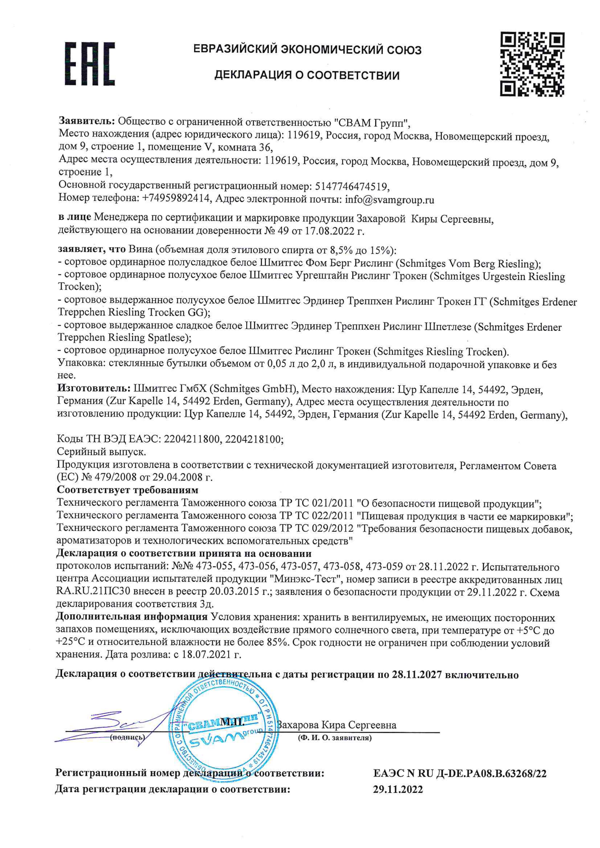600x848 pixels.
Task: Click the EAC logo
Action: pyautogui.click(x=90, y=64)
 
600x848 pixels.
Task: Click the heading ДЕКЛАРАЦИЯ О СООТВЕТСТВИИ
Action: pyautogui.click(x=307, y=75)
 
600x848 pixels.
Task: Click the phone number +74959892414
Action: pyautogui.click(x=176, y=198)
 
